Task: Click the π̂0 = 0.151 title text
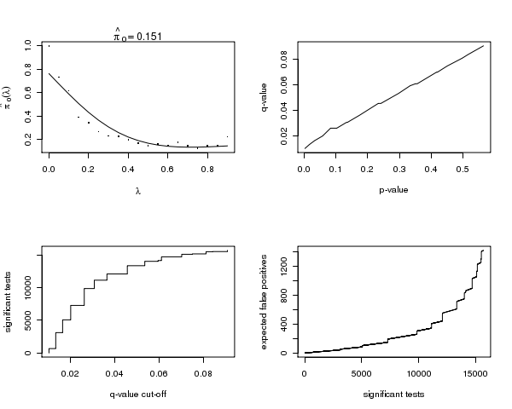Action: click(138, 36)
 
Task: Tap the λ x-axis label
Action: click(138, 190)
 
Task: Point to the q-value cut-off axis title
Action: click(138, 395)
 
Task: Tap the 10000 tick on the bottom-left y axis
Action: click(29, 288)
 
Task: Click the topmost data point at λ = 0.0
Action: click(49, 46)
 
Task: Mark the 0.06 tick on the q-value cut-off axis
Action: click(160, 373)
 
